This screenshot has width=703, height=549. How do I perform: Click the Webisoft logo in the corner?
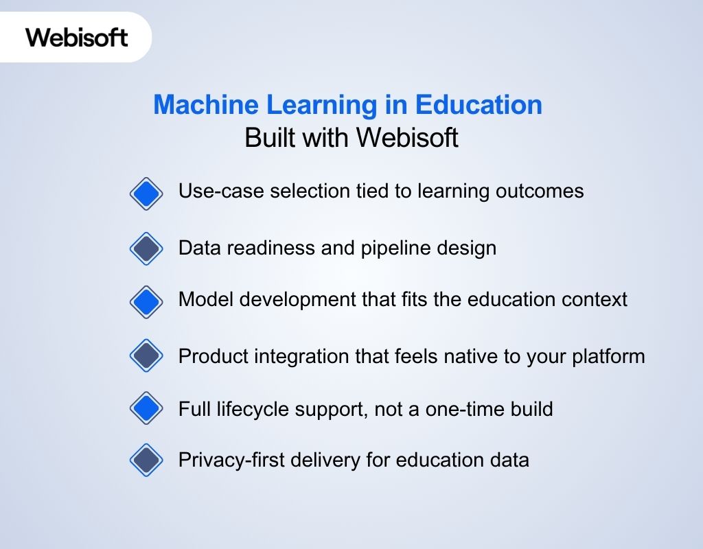pyautogui.click(x=77, y=36)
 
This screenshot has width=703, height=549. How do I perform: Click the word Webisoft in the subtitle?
pyautogui.click(x=407, y=138)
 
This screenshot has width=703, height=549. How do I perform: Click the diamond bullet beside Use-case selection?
pyautogui.click(x=146, y=194)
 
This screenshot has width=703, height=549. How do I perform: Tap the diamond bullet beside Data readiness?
pyautogui.click(x=146, y=248)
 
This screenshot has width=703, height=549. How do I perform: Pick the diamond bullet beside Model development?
pyautogui.click(x=146, y=301)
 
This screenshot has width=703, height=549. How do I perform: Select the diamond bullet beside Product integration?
pyautogui.click(x=146, y=355)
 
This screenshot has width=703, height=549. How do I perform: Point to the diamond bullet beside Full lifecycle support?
pyautogui.click(x=146, y=409)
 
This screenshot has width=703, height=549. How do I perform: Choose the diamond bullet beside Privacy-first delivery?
pyautogui.click(x=146, y=460)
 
